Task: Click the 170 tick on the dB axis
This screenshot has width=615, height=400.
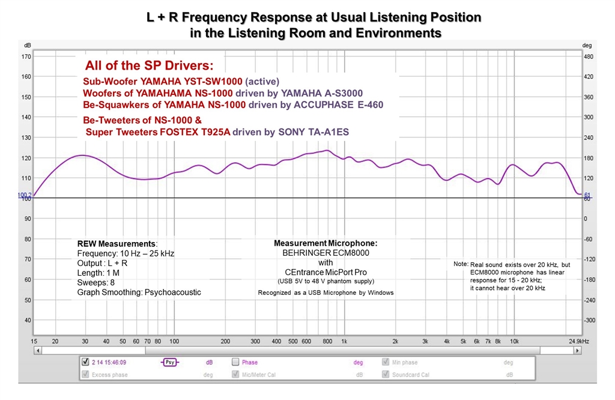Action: (26, 56)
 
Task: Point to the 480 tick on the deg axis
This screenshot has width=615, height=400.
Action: (589, 56)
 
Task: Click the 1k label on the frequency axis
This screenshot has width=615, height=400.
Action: (344, 341)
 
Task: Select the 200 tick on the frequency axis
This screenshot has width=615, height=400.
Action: (226, 341)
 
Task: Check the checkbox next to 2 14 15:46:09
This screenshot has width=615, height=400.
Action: (85, 362)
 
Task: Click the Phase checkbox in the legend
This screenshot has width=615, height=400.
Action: (235, 362)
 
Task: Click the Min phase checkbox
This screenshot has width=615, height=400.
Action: (387, 362)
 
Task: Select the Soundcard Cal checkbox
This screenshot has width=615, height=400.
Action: (387, 375)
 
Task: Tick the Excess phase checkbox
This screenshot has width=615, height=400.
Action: (85, 375)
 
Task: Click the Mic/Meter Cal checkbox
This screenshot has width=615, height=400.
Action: (235, 375)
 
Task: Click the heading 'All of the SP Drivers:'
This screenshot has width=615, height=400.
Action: (149, 65)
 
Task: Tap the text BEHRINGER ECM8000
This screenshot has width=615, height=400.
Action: (326, 253)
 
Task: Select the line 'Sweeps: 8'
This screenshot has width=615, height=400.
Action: (96, 282)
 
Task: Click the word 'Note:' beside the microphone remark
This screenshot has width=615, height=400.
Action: (461, 264)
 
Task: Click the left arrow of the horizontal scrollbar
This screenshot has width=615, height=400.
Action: (37, 351)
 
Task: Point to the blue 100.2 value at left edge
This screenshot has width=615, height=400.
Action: (26, 195)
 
